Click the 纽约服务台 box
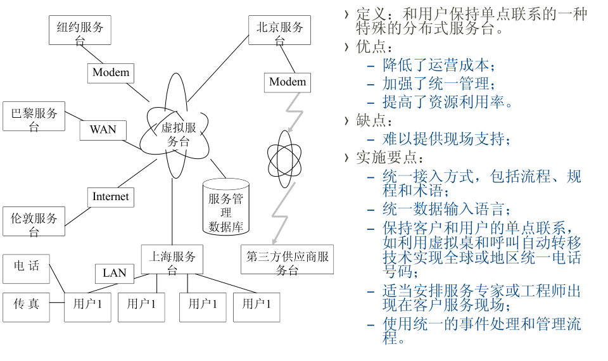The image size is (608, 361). [x=80, y=30]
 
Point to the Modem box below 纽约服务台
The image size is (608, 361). [x=111, y=72]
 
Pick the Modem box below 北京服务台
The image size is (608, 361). [x=288, y=82]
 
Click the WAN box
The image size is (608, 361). [x=103, y=130]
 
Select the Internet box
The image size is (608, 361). [x=110, y=197]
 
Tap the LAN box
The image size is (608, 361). [x=115, y=273]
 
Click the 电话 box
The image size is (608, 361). [x=26, y=267]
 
